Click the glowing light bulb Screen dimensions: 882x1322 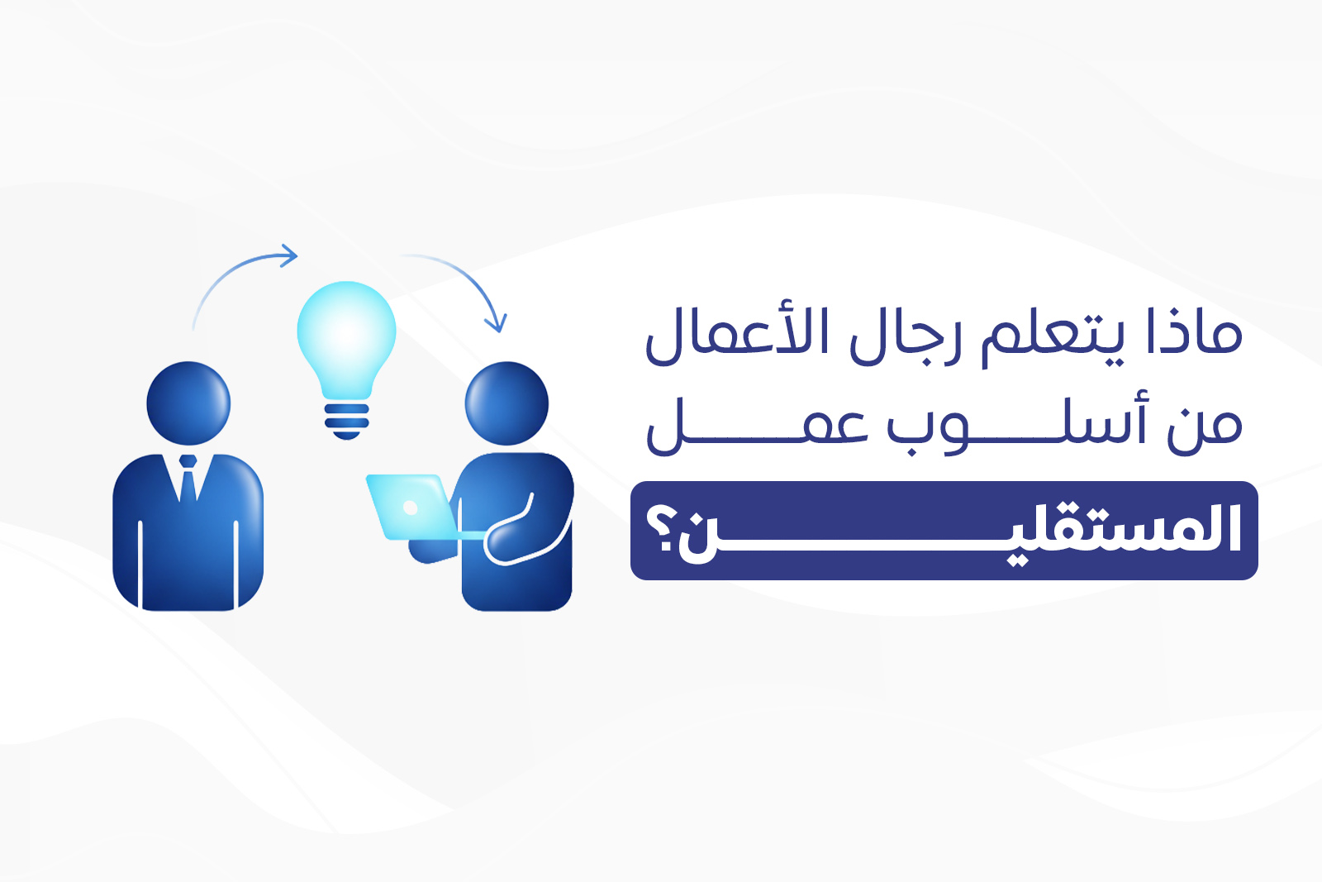pos(346,335)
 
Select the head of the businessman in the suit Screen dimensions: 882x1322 pos(188,403)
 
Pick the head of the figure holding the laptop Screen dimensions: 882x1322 pos(506,403)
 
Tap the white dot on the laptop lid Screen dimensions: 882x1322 pos(410,508)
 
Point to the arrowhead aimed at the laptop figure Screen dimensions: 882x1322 pos(497,322)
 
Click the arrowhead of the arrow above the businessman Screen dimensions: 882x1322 pos(288,255)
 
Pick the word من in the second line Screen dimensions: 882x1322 pos(1204,426)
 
